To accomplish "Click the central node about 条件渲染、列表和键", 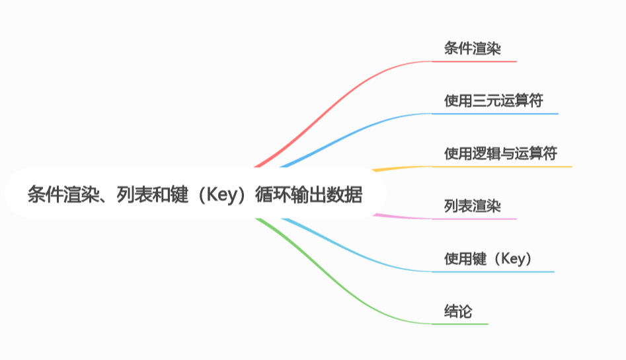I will tap(195, 196).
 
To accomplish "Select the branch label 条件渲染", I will tap(472, 48).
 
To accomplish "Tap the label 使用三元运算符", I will tap(493, 100).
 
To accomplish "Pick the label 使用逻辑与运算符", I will tap(500, 153).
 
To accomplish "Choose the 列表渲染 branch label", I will tap(472, 206).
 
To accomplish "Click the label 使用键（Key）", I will tap(489, 258).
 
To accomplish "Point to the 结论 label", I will tap(458, 311).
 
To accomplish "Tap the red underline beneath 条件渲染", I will tap(474, 61).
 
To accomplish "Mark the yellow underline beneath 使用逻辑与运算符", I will tap(502, 166).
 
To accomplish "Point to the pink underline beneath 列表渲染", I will tap(474, 219).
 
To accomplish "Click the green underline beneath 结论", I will tap(460, 324).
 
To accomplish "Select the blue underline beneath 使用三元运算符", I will tap(494, 114).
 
